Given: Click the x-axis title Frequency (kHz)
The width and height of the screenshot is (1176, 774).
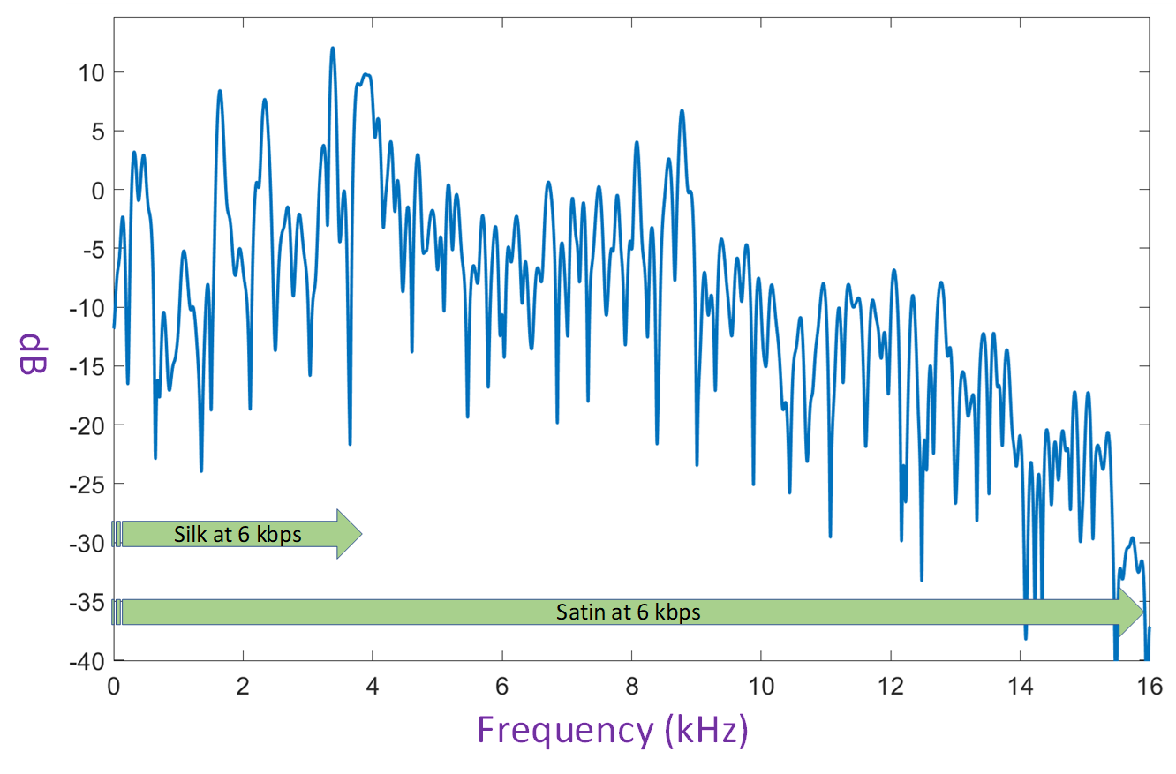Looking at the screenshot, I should (613, 730).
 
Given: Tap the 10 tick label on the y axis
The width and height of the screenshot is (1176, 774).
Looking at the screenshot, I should (87, 72).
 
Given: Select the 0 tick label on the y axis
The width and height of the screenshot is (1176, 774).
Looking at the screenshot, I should (93, 190).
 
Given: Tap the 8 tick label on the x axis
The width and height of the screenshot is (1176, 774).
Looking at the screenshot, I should (631, 684).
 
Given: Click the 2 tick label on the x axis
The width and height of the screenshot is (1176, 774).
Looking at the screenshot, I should (243, 684).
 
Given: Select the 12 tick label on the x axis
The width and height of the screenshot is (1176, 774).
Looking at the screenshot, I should (891, 684).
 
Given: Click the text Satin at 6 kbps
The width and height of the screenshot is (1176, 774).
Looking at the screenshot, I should (629, 612).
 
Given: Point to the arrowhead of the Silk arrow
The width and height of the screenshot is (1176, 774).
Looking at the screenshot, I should (350, 534).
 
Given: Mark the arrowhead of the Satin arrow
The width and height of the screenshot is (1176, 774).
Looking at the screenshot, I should (1132, 612).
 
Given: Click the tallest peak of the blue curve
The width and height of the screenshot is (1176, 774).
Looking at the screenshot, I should (333, 49).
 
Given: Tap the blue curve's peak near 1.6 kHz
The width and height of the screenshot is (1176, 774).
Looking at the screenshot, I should (220, 91).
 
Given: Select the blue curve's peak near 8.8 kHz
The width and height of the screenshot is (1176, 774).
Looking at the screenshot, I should (682, 111).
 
